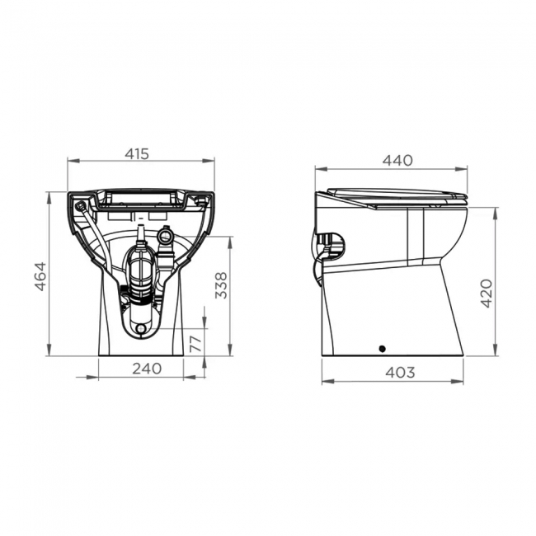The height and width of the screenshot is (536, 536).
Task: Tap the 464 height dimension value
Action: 40,275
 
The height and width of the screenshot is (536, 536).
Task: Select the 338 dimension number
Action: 220,284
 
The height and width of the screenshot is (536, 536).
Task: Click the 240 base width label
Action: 146,370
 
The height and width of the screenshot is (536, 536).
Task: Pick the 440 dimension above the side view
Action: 396,161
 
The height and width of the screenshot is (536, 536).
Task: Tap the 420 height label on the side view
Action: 487,292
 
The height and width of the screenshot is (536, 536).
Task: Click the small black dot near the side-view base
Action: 382,348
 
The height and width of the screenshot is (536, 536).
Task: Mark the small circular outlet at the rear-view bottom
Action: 141,329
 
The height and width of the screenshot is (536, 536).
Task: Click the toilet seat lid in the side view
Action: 396,195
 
